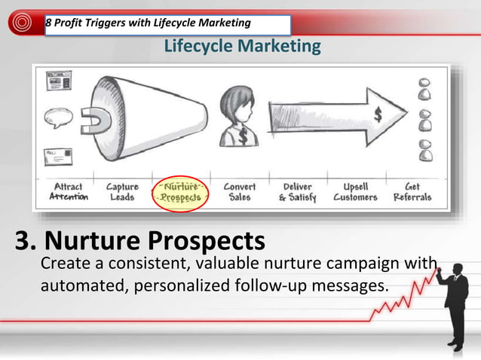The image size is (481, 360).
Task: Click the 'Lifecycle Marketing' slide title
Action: click(242, 47)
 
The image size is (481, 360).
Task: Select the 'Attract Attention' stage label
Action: click(69, 191)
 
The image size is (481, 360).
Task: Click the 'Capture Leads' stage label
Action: click(121, 191)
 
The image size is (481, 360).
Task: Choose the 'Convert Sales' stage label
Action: click(240, 191)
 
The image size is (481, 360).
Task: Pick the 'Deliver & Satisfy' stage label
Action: click(297, 191)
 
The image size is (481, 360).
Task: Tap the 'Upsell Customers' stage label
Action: click(354, 191)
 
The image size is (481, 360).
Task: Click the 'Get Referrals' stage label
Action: click(412, 191)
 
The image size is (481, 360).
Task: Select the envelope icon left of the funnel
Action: click(59, 157)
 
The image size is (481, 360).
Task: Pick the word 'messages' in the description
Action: click(345, 286)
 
